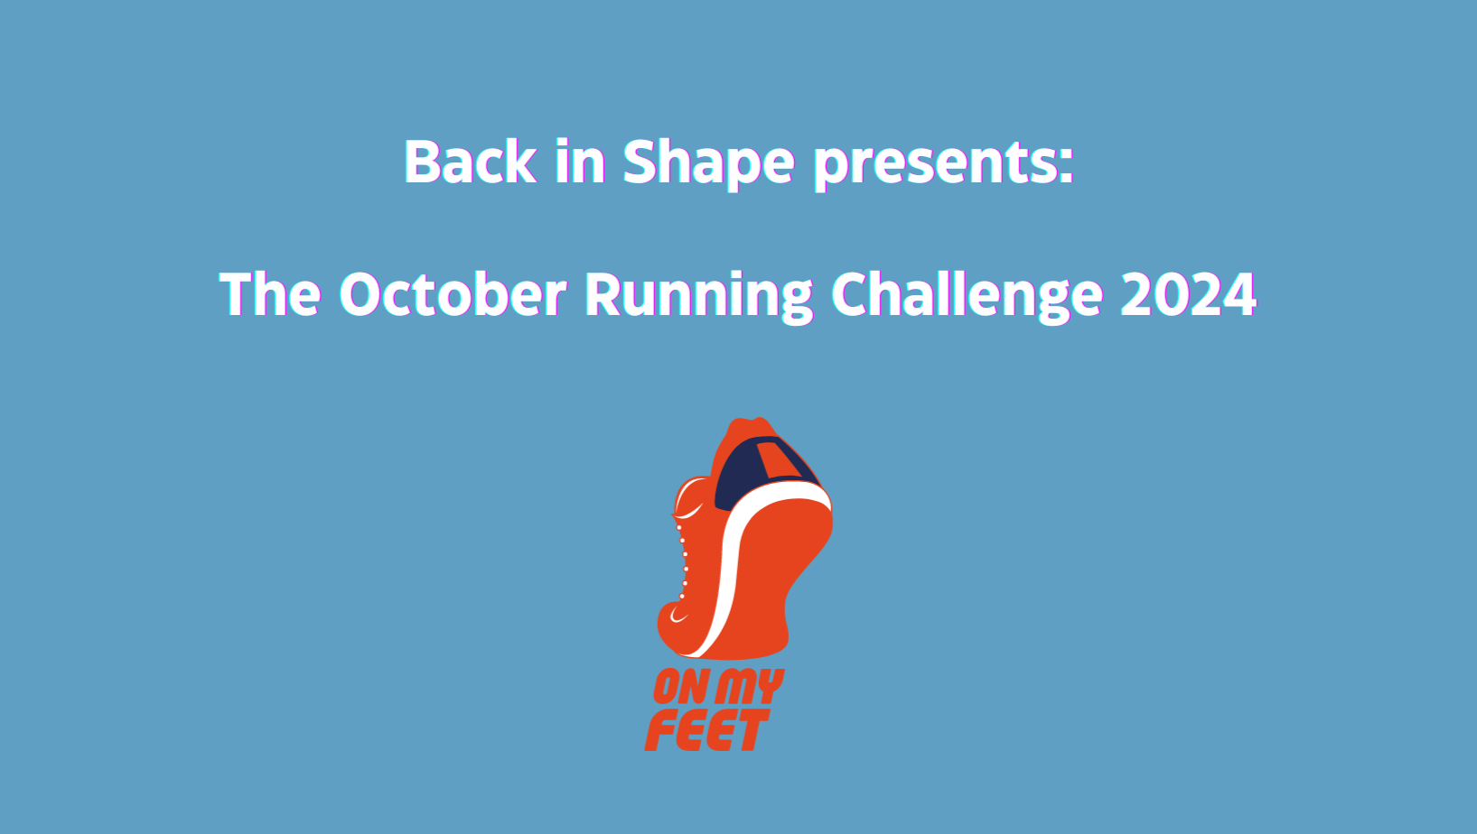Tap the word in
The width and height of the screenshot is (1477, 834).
click(x=579, y=162)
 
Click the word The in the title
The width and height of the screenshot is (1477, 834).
click(x=270, y=294)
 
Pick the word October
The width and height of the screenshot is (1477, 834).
click(x=453, y=294)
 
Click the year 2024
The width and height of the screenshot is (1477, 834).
click(x=1188, y=294)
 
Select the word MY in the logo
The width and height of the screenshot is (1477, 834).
click(x=749, y=687)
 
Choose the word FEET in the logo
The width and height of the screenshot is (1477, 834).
click(x=706, y=730)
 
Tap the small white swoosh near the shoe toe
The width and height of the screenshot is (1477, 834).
click(x=678, y=616)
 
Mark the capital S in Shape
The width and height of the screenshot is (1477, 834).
click(x=640, y=162)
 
